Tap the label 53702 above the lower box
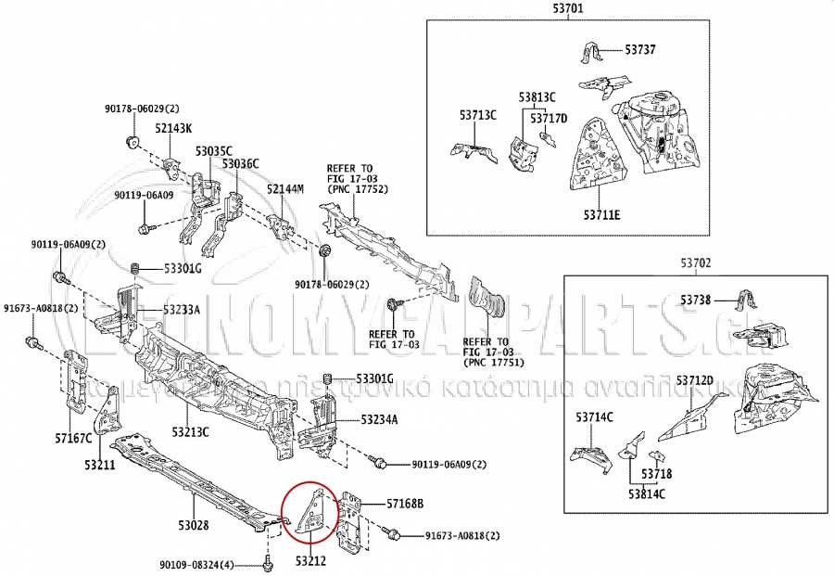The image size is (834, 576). tap(696, 263)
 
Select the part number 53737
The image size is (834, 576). tap(639, 49)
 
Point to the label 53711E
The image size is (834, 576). tap(601, 215)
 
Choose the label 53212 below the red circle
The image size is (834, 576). tap(312, 560)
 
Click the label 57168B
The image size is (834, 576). tap(404, 504)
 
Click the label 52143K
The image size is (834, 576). tap(173, 129)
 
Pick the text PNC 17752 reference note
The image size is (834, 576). tap(357, 188)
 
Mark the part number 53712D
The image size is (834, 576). tap(694, 381)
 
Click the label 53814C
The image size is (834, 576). tap(646, 493)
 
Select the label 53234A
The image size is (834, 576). tap(379, 420)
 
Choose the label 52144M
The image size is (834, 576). tap(285, 189)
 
